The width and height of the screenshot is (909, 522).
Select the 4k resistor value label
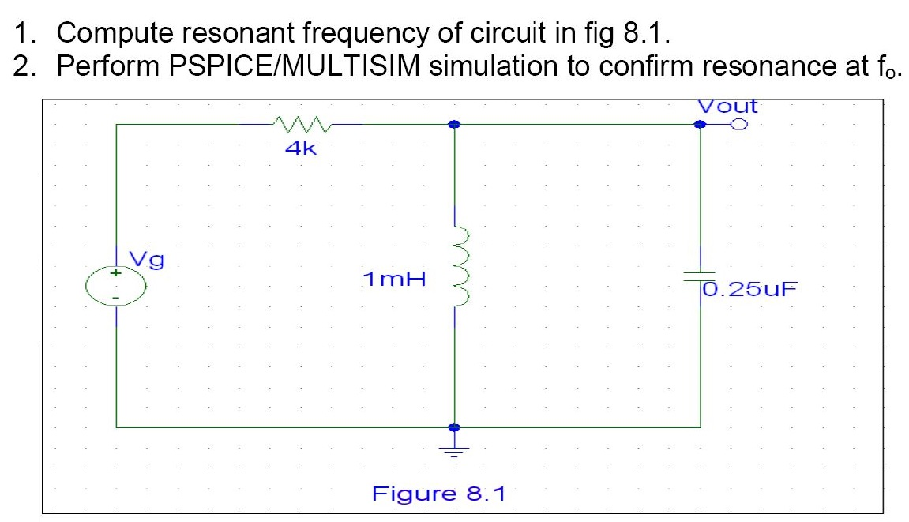pos(301,148)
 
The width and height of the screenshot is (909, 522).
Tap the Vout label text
pos(727,106)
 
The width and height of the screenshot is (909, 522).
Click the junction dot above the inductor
pos(454,125)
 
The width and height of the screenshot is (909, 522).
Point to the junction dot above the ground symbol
pos(454,427)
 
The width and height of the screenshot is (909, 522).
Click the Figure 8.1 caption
pos(438,494)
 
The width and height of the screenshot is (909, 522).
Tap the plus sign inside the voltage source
pos(116,273)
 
